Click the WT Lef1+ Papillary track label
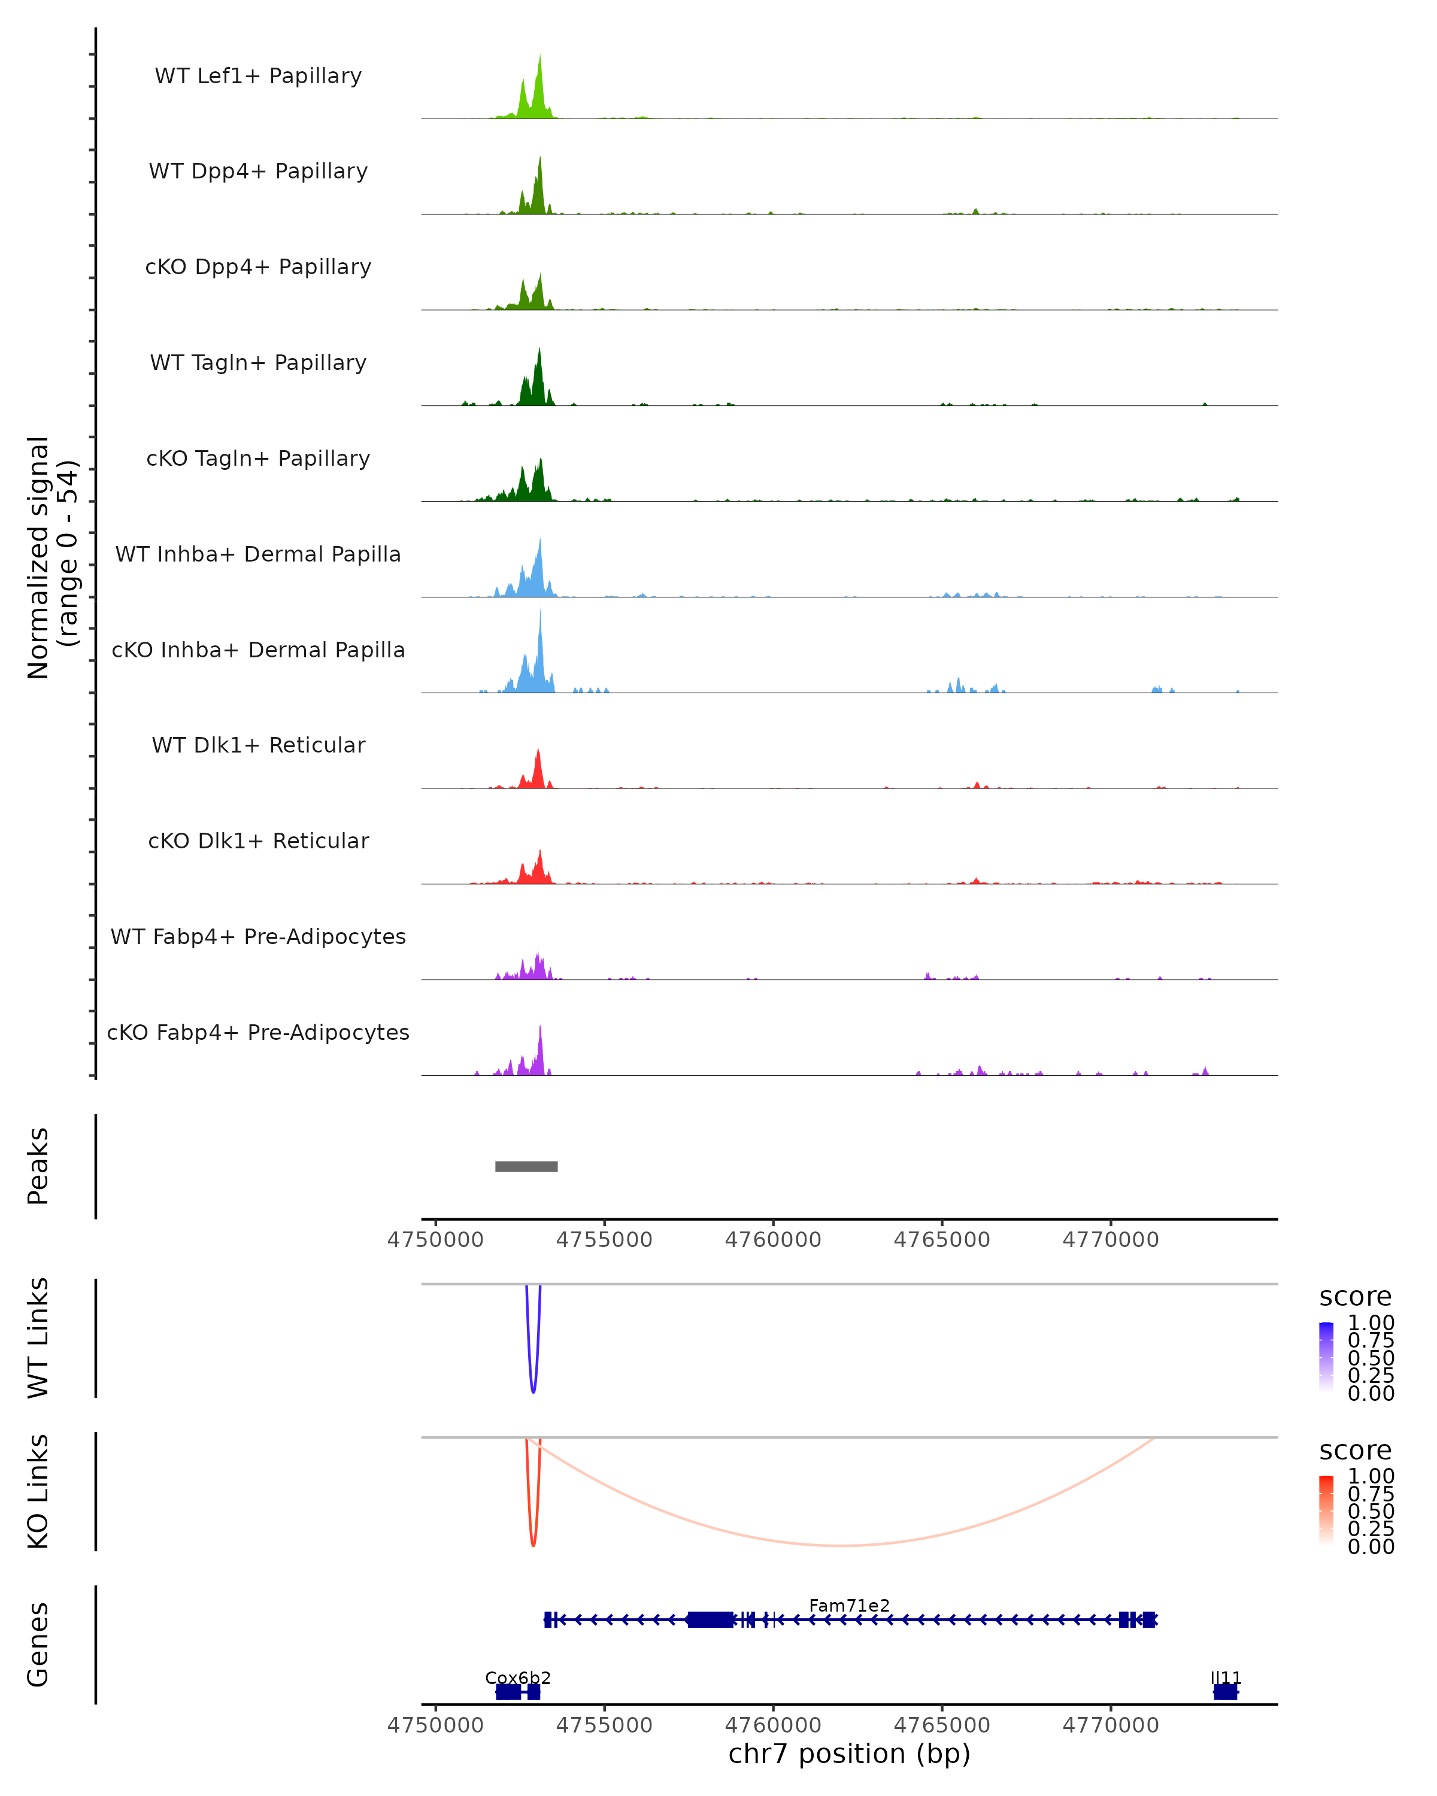pos(258,76)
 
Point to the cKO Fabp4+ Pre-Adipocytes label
pos(258,1032)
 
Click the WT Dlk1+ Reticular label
pos(258,745)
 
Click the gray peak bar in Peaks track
pos(526,1166)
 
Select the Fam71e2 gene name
pos(849,1605)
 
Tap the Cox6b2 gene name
pos(517,1677)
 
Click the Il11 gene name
pos(1226,1677)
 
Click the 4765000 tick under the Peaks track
pos(942,1240)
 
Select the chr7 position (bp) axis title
pos(849,1753)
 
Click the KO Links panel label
pos(38,1492)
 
